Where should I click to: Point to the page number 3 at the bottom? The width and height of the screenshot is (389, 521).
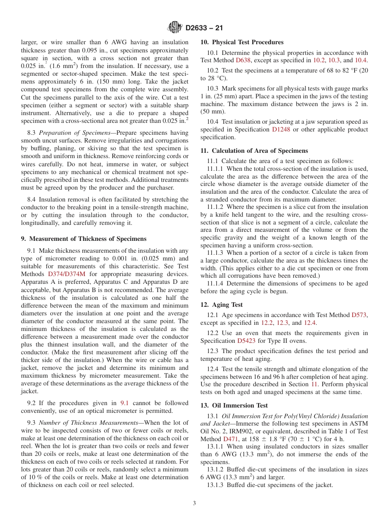[x=194, y=503]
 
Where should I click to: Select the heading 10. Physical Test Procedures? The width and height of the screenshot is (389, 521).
[x=242, y=42]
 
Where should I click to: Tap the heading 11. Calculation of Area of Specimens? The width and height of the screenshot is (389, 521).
[x=254, y=151]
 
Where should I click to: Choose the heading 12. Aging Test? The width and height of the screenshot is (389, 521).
[x=221, y=305]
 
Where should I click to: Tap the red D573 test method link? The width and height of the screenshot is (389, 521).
[x=359, y=315]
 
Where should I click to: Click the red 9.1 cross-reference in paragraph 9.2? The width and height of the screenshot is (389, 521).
[x=124, y=403]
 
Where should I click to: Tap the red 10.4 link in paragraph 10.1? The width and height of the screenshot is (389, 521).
[x=361, y=60]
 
